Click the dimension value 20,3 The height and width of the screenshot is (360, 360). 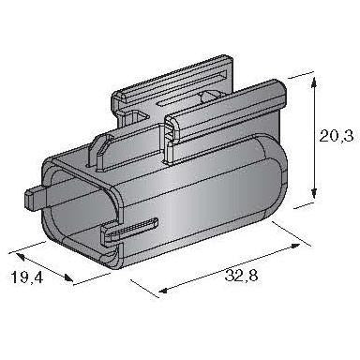click(x=337, y=137)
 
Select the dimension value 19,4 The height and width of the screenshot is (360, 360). click(x=27, y=277)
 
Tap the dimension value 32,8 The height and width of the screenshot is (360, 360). click(x=241, y=276)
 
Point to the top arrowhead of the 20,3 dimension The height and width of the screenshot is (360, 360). click(x=314, y=82)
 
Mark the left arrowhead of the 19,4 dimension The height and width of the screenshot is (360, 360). click(x=21, y=257)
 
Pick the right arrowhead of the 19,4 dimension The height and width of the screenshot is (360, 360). click(x=68, y=277)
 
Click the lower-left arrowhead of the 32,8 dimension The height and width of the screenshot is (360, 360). click(x=164, y=291)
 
